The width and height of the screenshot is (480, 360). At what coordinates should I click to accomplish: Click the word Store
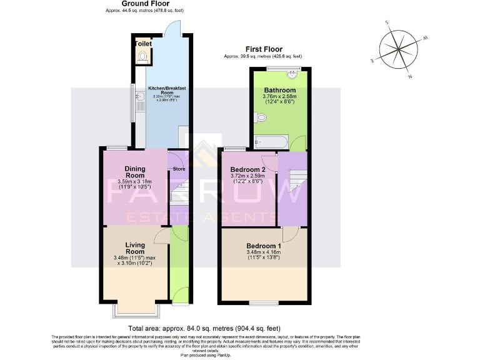(179, 168)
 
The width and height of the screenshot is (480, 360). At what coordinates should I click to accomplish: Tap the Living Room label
(134, 248)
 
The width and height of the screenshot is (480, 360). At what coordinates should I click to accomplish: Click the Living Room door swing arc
(161, 234)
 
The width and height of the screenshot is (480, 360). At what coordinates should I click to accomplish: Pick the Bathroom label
(279, 90)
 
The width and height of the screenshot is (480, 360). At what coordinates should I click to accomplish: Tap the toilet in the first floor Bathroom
(259, 116)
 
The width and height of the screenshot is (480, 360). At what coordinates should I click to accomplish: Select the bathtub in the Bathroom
(270, 142)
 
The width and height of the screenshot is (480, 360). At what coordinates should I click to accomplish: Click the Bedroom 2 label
(248, 169)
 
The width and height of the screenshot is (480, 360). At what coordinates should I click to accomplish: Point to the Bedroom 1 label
(262, 246)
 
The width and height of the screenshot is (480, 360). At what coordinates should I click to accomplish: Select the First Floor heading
(263, 49)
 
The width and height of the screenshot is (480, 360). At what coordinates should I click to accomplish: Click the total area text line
(204, 328)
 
